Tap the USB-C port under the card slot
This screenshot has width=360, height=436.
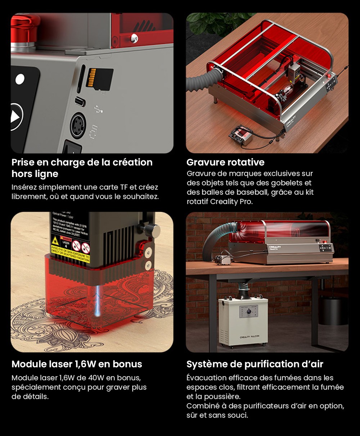pos(80,102)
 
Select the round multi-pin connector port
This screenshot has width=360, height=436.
pos(78,126)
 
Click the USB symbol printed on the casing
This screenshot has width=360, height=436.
pos(98,109)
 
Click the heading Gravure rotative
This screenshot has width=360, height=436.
pos(225,162)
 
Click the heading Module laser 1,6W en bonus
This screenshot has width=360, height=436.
pos(77,364)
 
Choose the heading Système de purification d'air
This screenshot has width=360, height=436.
pos(255,364)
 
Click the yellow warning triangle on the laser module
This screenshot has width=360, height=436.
pos(55,241)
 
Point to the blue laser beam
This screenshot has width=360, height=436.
pos(98,299)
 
